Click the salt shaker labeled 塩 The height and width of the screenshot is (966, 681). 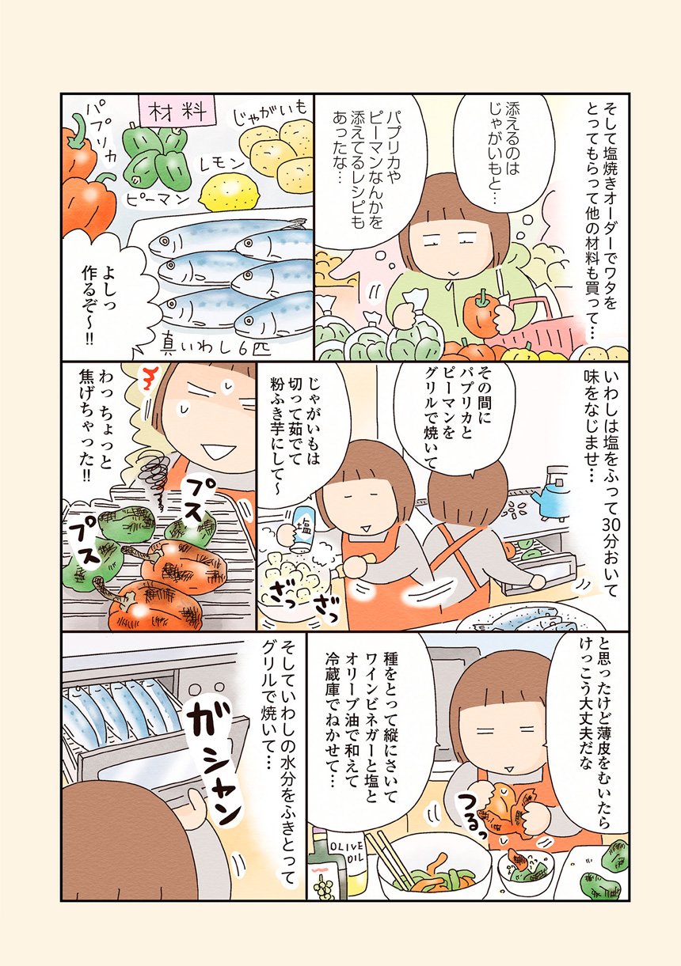[x=301, y=531]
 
